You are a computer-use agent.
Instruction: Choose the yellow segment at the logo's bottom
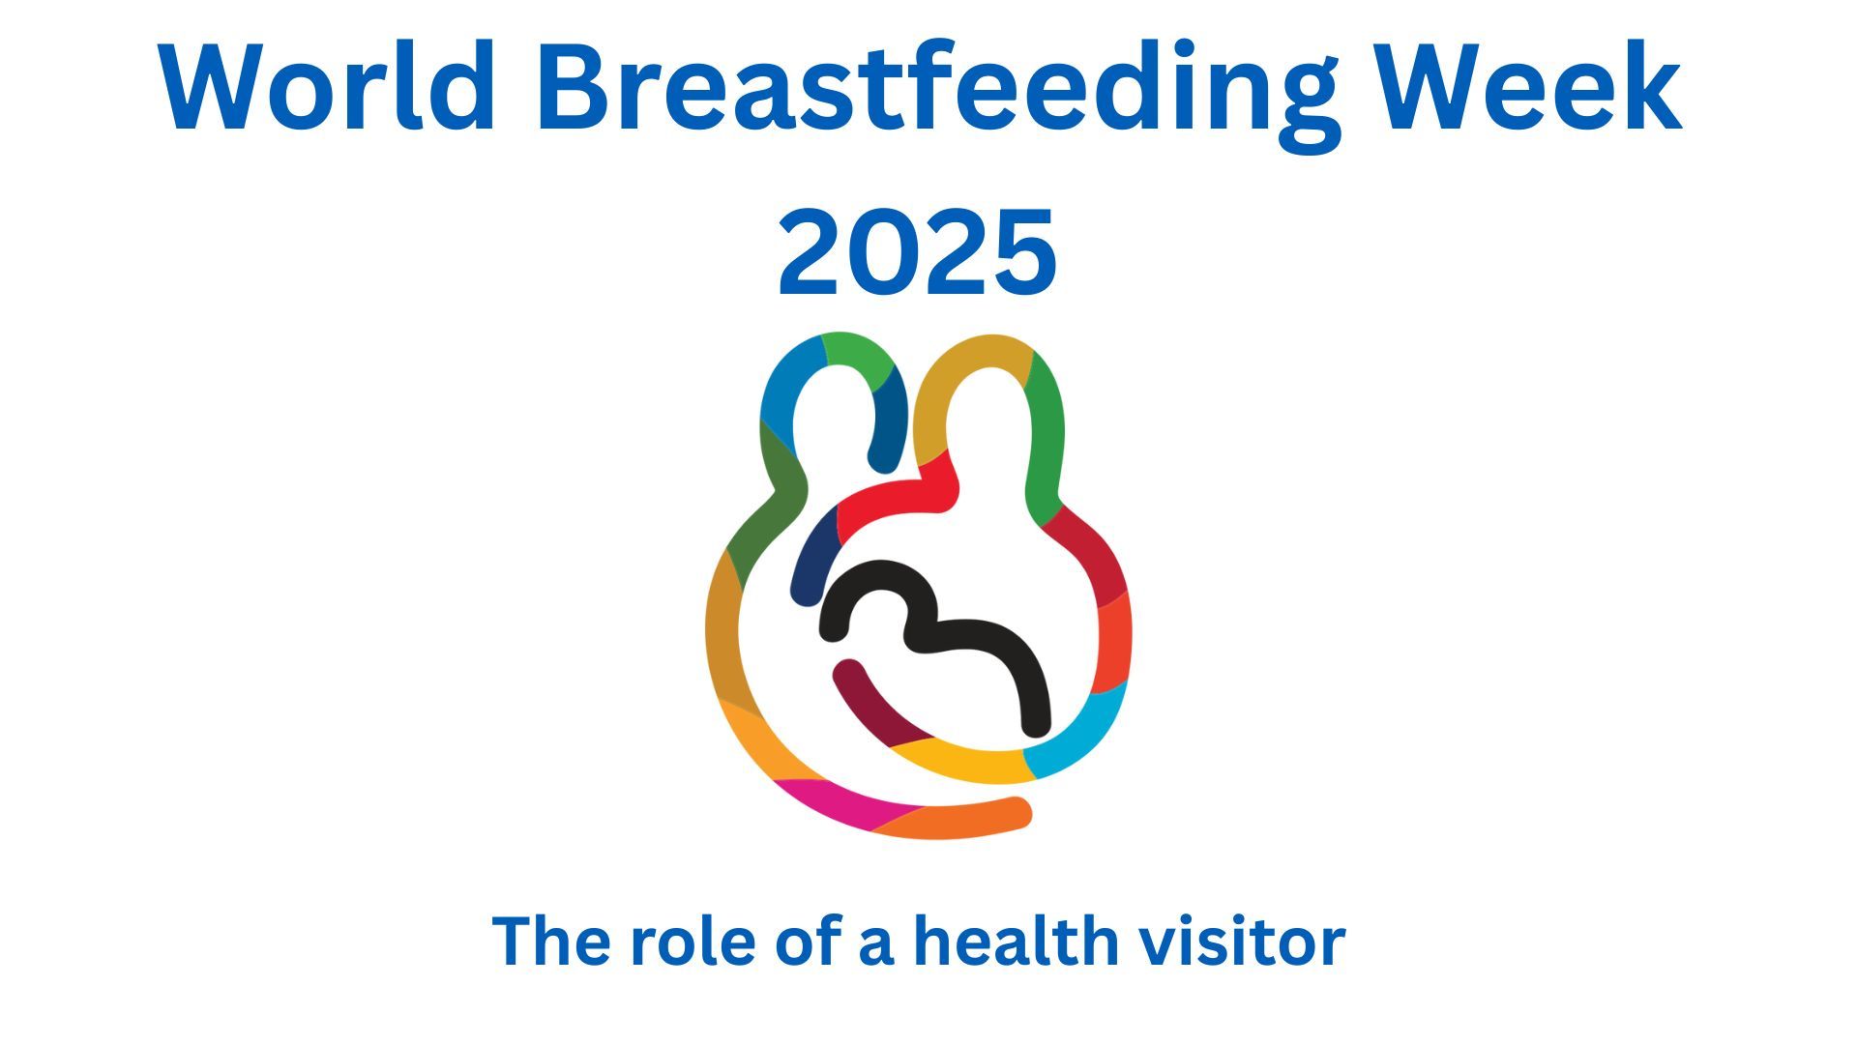click(x=958, y=764)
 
